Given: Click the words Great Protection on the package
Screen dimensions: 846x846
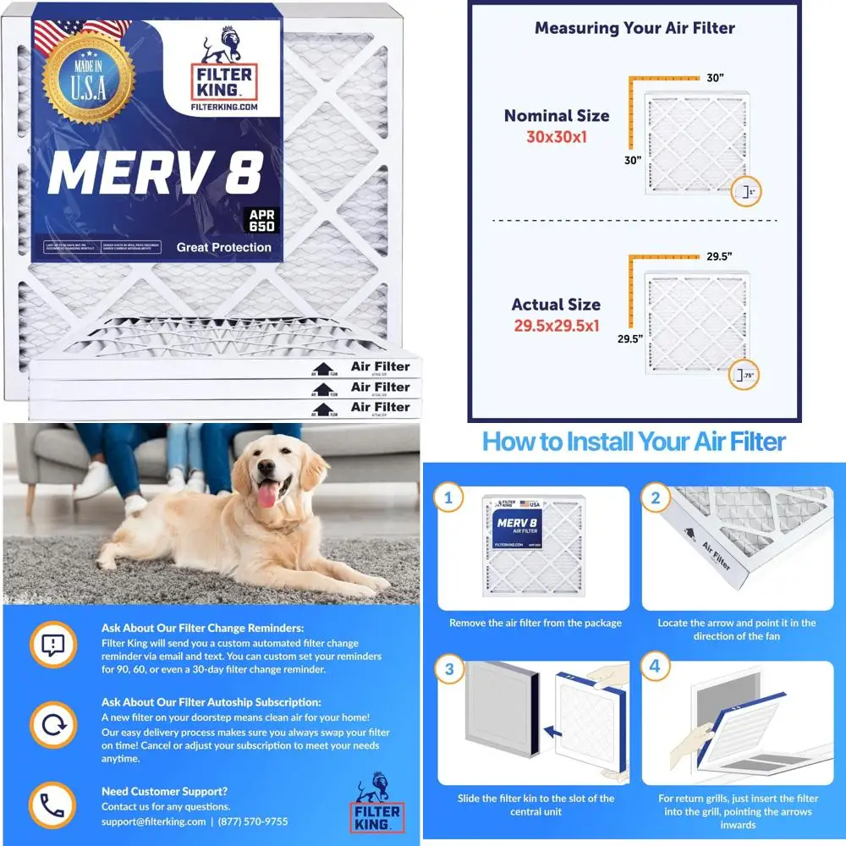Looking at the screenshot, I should (x=224, y=247).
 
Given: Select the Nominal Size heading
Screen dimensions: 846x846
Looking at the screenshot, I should (x=557, y=116).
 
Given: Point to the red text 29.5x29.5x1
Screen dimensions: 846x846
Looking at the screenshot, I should (x=557, y=324).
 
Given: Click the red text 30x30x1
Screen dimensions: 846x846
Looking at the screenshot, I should (x=557, y=136).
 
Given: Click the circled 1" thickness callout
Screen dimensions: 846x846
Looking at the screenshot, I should (x=745, y=193).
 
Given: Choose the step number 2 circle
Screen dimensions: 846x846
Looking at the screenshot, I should (x=655, y=498).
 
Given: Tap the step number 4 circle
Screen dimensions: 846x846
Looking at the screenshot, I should (x=655, y=667).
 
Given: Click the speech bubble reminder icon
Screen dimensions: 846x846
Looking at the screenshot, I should (x=53, y=646).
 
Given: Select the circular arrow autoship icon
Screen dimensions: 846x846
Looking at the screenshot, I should (x=53, y=726).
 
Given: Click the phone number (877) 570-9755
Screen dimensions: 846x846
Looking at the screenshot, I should (x=253, y=821).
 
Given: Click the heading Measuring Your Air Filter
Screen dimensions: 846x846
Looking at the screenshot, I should (x=634, y=28).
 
